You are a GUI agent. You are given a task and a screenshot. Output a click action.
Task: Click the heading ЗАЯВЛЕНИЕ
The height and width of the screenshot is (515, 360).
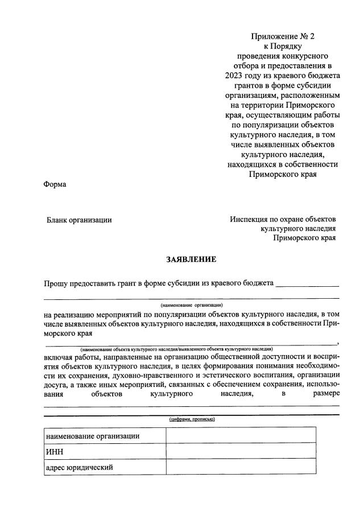[191, 259]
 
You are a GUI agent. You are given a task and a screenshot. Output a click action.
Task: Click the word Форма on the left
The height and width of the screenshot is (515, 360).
[55, 184]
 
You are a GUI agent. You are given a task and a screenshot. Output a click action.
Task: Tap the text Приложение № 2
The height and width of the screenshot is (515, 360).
[282, 36]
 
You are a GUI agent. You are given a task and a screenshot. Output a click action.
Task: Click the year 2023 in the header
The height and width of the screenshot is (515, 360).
[234, 76]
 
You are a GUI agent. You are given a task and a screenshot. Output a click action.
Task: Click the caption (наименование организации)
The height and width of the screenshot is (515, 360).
[191, 305]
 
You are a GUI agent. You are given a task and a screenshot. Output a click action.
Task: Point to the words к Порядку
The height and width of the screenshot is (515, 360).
[282, 47]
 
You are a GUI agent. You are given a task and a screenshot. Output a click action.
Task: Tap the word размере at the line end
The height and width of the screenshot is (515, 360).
[325, 393]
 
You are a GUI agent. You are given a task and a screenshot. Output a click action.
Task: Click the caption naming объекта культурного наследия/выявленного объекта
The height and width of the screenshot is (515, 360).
[176, 348]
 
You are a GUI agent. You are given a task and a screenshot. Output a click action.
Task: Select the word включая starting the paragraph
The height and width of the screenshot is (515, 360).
[58, 357]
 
